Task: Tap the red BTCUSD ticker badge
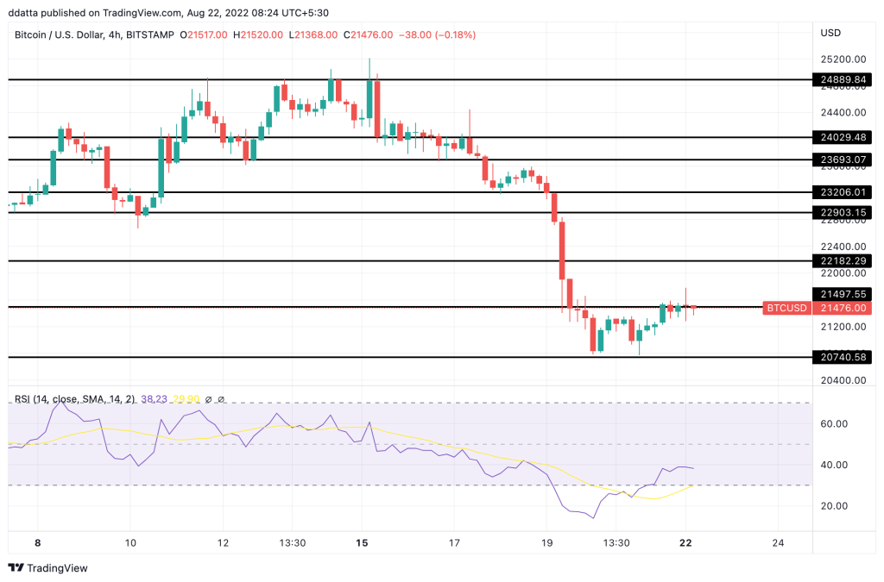coord(786,308)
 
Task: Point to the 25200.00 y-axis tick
coord(842,59)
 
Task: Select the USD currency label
coord(830,34)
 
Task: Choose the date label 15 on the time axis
coord(363,542)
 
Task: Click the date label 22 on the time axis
coord(685,542)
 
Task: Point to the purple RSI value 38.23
coord(155,399)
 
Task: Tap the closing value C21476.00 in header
coord(369,34)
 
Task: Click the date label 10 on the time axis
coord(129,542)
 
